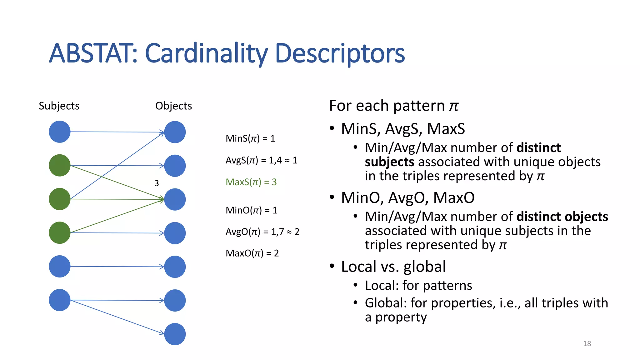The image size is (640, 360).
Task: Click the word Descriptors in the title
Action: click(340, 53)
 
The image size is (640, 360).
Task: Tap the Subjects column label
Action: click(59, 106)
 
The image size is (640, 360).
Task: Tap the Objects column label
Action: click(173, 106)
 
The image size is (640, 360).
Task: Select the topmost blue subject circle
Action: click(60, 132)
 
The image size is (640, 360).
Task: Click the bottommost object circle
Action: click(175, 334)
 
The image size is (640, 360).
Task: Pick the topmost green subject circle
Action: click(60, 165)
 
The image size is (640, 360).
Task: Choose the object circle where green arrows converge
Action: click(175, 199)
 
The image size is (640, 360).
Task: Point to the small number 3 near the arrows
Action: click(157, 183)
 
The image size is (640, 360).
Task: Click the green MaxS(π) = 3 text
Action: click(251, 182)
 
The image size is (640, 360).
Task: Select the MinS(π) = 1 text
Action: click(250, 138)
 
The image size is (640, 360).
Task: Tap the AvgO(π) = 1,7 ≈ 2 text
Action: click(262, 232)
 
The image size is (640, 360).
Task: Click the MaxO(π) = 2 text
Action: click(252, 253)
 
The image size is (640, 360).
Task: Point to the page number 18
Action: click(587, 344)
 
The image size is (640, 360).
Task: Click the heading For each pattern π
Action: click(393, 106)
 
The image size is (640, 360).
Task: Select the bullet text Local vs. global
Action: click(393, 267)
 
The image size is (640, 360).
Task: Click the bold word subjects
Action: click(389, 162)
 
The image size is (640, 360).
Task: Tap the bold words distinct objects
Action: click(562, 217)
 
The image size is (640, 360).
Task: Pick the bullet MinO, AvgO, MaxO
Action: click(407, 198)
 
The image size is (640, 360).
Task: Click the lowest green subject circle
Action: click(60, 233)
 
